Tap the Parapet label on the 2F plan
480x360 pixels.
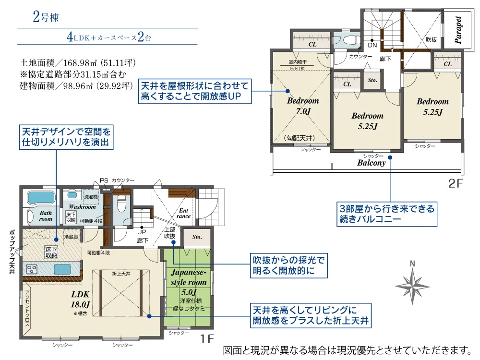click(458, 30)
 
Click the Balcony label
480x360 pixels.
click(372, 163)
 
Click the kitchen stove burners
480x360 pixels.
click(32, 268)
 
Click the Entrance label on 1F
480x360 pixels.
click(184, 213)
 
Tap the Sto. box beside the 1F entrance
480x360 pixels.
click(197, 237)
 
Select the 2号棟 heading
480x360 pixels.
click(46, 18)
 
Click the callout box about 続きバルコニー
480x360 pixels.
click(386, 215)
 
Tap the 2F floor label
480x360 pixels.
click(455, 184)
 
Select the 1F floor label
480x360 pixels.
click(207, 339)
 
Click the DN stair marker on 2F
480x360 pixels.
click(372, 45)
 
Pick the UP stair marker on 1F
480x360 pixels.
click(142, 231)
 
